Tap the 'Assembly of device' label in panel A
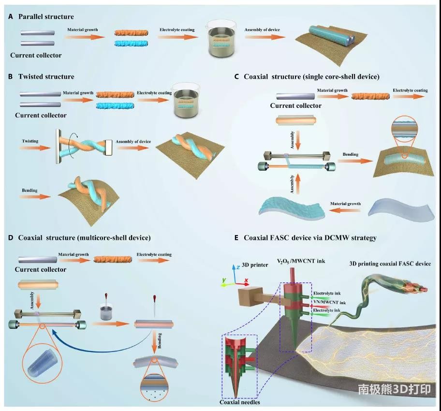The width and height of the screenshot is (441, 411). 262,29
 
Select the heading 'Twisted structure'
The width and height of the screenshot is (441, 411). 46,76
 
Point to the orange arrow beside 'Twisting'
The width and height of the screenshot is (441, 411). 35,147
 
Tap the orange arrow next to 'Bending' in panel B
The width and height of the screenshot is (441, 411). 35,197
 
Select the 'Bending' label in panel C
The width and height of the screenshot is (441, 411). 351,154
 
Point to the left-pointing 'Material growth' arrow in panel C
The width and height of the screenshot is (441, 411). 346,210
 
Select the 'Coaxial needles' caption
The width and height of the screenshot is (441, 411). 240,402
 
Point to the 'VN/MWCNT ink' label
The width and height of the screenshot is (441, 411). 330,302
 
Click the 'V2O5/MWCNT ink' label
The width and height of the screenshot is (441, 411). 301,261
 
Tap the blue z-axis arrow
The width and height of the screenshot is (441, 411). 234,274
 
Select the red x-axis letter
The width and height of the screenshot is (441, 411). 247,280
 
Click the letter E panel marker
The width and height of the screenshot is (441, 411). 236,238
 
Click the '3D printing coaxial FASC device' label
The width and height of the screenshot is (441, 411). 390,264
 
